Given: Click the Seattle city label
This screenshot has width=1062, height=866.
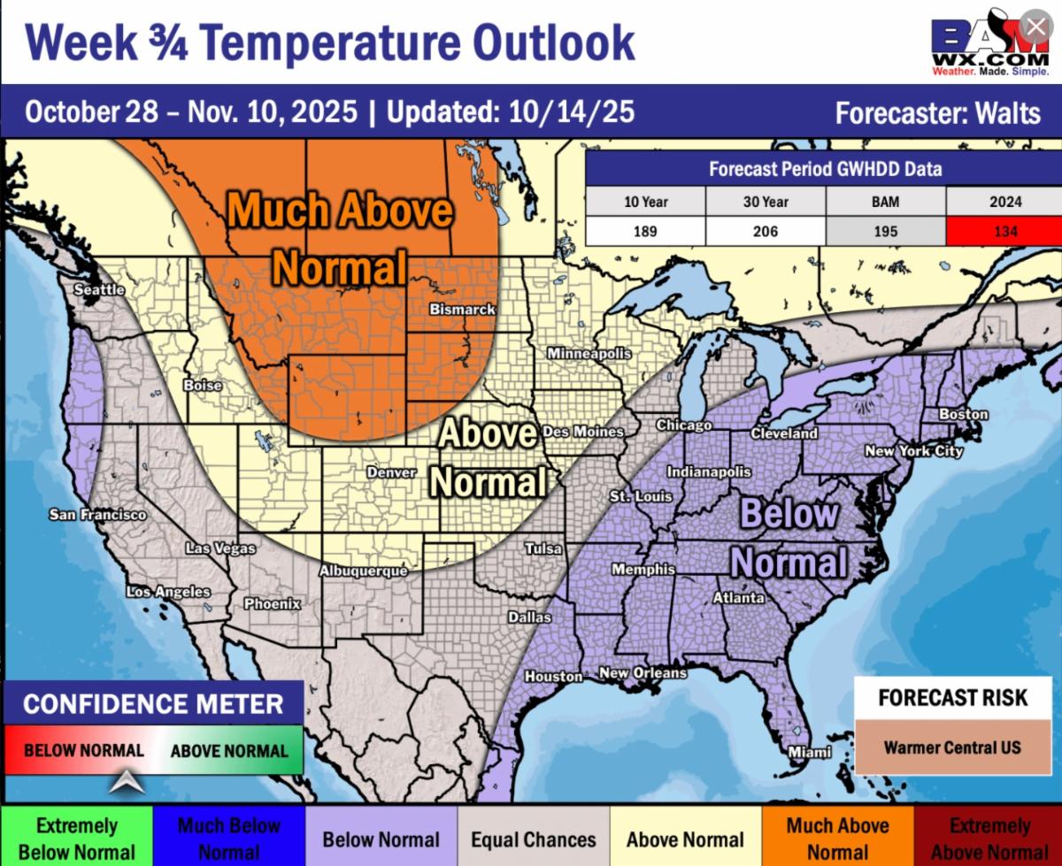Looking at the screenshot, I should (x=99, y=289).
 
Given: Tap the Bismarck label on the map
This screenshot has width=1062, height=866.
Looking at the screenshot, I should (x=462, y=310).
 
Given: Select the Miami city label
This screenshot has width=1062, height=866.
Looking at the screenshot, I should (x=810, y=752).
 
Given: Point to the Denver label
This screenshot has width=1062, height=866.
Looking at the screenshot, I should (x=391, y=472).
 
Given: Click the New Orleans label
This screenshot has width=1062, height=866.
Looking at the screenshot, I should (x=643, y=673).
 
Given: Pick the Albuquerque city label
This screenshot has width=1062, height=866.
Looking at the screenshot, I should (x=363, y=571).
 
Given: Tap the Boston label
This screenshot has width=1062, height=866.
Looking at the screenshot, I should (x=964, y=414).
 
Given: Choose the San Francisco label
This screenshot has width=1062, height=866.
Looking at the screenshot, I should (x=97, y=514).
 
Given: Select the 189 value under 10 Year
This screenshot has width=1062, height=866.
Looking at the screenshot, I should (x=645, y=232).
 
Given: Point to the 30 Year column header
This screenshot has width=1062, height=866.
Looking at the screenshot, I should (x=766, y=202).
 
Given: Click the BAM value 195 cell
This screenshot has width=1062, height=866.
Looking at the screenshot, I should (x=885, y=232).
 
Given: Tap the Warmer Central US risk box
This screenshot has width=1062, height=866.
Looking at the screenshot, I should (x=952, y=747).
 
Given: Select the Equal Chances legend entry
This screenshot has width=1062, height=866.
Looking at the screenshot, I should (x=533, y=839).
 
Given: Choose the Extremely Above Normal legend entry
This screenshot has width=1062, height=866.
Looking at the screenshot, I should (x=989, y=839).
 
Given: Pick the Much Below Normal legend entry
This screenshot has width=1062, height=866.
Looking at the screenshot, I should (x=229, y=839).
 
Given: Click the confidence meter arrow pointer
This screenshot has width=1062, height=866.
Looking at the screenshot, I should (x=127, y=781).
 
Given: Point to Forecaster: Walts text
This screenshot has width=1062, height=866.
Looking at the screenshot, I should (x=938, y=113).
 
